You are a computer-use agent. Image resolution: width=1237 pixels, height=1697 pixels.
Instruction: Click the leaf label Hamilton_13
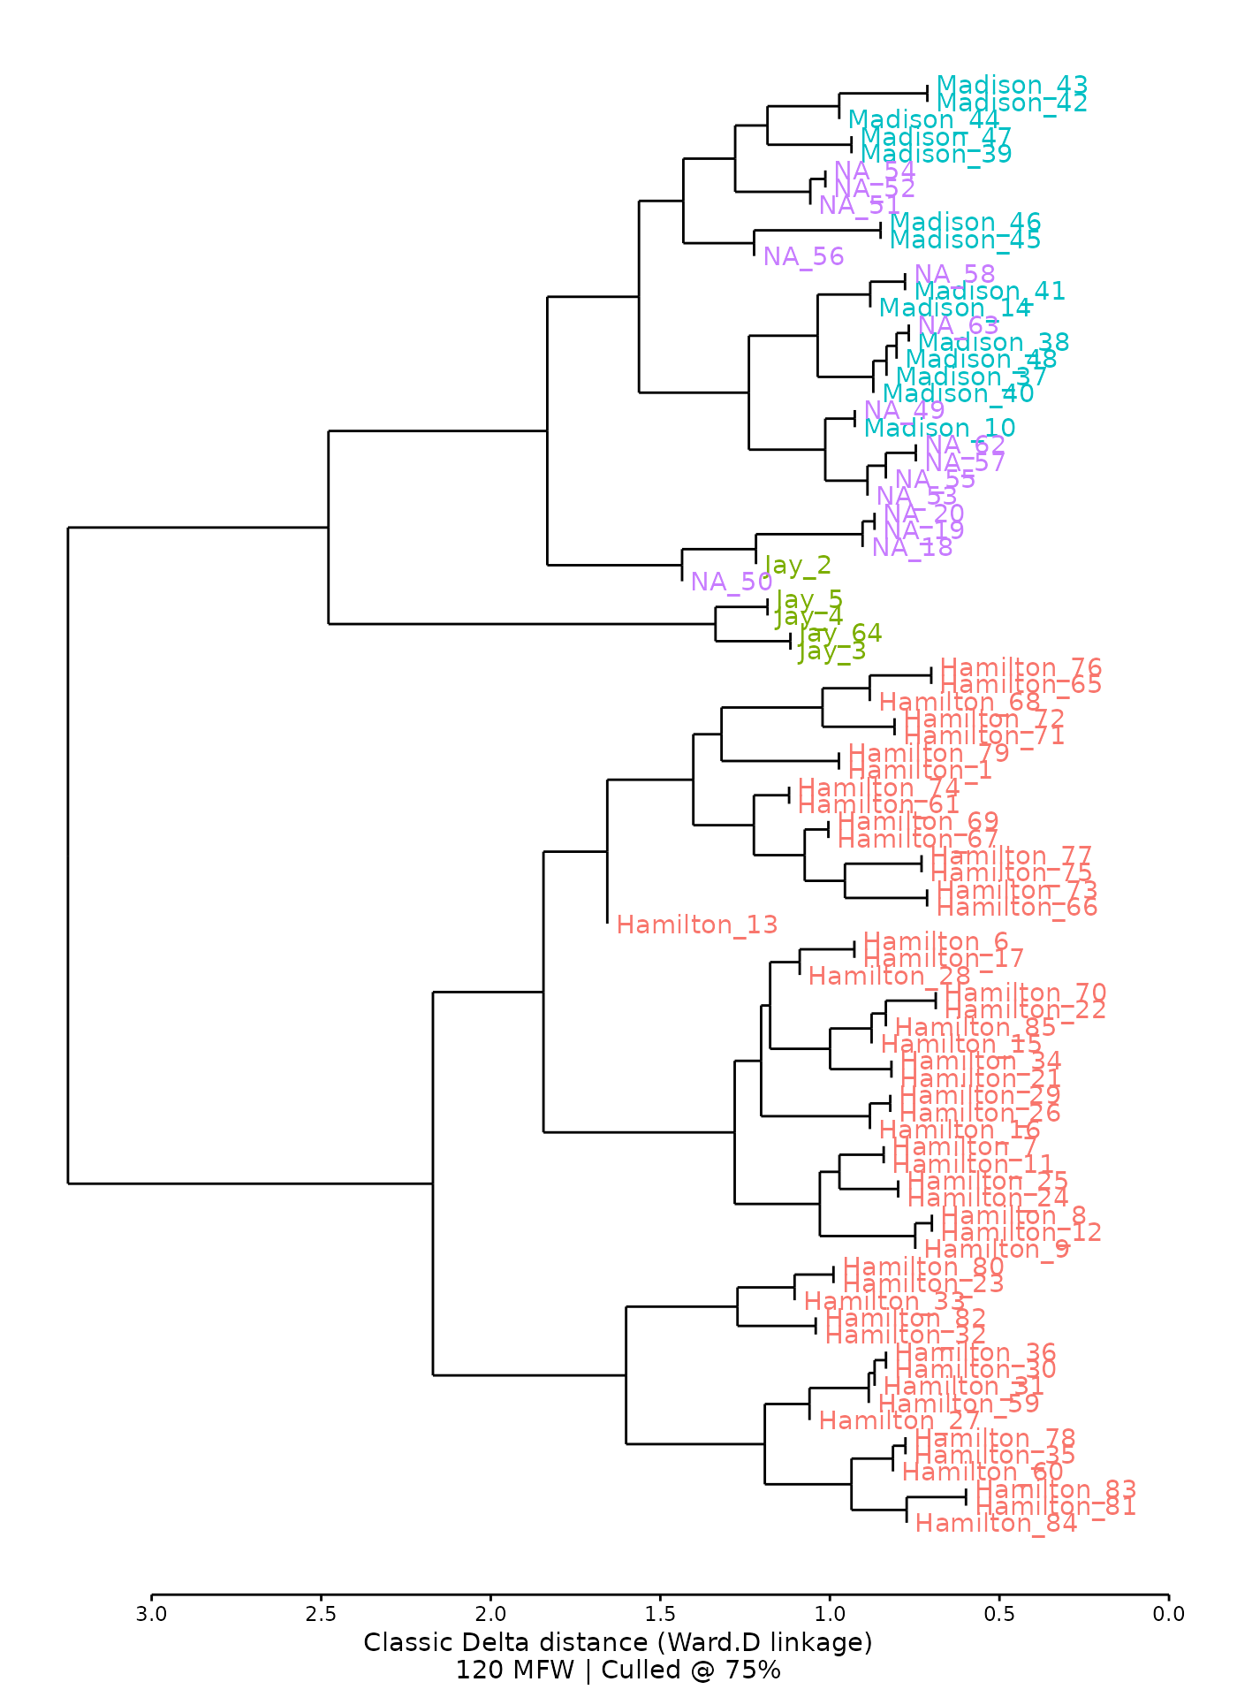(x=697, y=925)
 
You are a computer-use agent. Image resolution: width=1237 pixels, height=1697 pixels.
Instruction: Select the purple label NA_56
(x=804, y=256)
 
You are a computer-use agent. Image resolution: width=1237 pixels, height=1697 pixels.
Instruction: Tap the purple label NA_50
(x=732, y=582)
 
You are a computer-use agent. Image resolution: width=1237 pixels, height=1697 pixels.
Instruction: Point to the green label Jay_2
(x=798, y=565)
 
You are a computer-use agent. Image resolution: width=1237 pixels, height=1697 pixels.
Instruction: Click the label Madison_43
(x=1012, y=85)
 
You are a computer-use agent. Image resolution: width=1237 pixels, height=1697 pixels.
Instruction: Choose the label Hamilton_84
(x=997, y=1523)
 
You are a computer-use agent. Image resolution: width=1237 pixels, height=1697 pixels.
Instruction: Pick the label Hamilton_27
(x=899, y=1420)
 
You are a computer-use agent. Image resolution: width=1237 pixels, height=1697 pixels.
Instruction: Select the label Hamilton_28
(x=889, y=976)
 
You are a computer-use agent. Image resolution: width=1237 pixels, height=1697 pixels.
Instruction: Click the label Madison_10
(x=939, y=428)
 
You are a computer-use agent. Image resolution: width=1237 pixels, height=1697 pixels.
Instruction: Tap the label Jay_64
(x=840, y=633)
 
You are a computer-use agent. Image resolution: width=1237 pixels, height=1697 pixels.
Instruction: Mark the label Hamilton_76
(x=1021, y=667)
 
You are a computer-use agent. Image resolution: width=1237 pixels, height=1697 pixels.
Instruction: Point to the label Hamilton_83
(x=1056, y=1489)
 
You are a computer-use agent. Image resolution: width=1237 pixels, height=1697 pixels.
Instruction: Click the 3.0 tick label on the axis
(x=151, y=1615)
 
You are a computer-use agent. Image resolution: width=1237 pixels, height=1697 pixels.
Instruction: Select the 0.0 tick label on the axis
(x=1168, y=1615)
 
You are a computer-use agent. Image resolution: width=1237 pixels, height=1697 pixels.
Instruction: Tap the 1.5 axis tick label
(x=660, y=1615)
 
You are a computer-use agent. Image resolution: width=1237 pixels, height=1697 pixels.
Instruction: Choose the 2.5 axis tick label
(x=321, y=1615)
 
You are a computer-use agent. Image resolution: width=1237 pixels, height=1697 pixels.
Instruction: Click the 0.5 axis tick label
(x=998, y=1615)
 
